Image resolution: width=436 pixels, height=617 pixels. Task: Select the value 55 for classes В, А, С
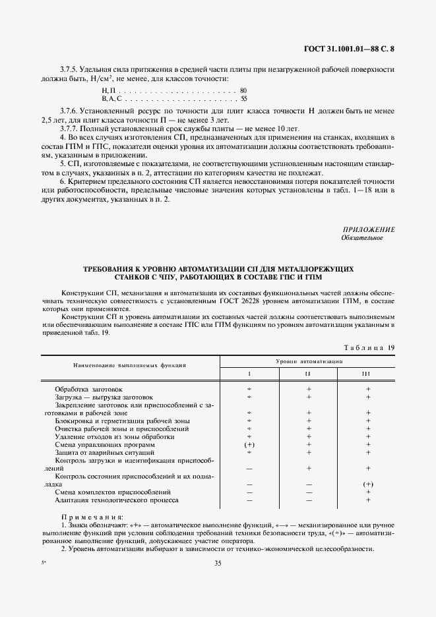243,98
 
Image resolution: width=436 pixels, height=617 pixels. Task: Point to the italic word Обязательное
362,238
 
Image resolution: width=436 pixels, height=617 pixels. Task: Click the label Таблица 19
369,347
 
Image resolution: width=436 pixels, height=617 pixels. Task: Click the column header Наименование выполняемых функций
129,364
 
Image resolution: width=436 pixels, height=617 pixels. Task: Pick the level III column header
367,374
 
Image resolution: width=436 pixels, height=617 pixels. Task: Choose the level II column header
307,374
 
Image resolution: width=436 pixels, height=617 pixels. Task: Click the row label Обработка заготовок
88,390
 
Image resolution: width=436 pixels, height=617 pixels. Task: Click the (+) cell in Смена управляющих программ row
249,445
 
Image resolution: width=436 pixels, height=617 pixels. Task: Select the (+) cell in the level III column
368,485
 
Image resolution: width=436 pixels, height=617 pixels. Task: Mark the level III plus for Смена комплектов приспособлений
368,492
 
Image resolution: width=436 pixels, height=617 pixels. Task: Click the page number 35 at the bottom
218,563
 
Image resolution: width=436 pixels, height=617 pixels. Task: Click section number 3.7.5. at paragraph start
69,69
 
